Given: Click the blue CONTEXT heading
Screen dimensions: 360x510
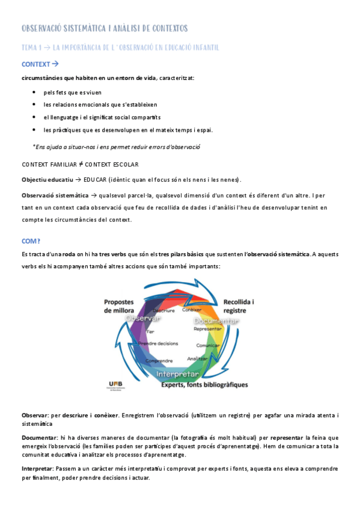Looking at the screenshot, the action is pos(35,64).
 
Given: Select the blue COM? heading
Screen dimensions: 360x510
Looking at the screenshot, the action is pos(31,241).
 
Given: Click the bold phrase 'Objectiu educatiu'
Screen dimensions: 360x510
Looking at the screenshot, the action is pos(47,179).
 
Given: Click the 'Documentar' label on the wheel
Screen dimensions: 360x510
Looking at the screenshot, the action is pos(216,321).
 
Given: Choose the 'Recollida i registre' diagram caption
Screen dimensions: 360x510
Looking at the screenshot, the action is pos(239,306).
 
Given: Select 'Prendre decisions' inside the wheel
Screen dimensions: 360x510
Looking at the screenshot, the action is pos(158,343).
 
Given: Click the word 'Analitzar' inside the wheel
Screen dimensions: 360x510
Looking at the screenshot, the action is pos(198,358).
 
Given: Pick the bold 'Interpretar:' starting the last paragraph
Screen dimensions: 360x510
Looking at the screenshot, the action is pos(37,468).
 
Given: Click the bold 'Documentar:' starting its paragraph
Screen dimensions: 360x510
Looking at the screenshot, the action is pos(38,438).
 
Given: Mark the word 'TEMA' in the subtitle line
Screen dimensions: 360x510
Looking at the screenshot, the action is pos(29,47).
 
